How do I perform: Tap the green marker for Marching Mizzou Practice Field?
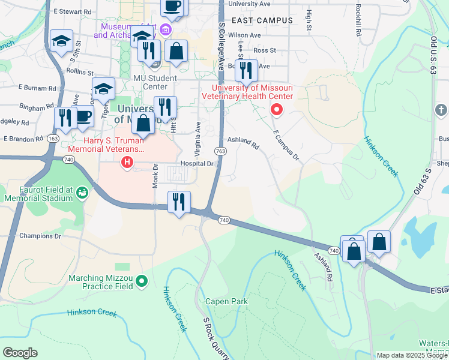click(x=142, y=280)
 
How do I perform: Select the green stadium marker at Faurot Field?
click(x=82, y=193)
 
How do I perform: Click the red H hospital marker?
click(x=127, y=162)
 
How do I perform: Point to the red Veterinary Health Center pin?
click(x=277, y=109)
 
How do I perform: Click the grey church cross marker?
click(x=441, y=109)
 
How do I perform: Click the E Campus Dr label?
click(x=286, y=146)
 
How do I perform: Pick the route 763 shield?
click(x=221, y=152)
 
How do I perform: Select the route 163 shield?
click(x=53, y=139)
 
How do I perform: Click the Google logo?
click(x=20, y=353)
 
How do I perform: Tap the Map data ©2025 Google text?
click(x=412, y=355)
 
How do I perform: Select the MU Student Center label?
click(x=155, y=83)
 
